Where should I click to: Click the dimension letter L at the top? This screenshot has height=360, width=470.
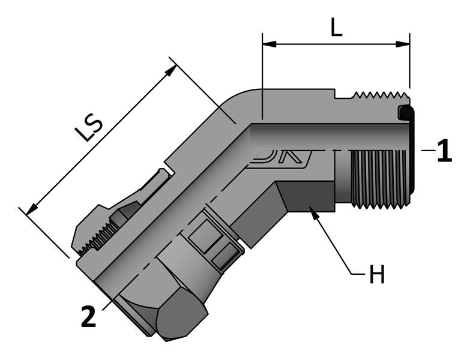click(337, 26)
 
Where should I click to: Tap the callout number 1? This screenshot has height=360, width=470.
click(444, 151)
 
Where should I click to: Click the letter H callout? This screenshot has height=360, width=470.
click(376, 275)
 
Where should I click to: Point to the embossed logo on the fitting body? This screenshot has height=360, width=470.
click(282, 158)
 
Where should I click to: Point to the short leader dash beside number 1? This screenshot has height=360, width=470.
click(427, 151)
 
